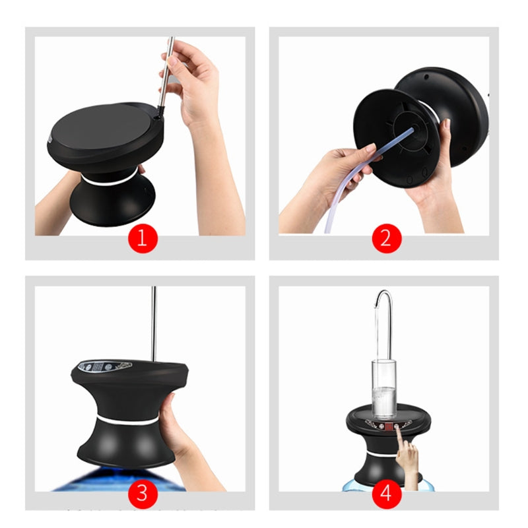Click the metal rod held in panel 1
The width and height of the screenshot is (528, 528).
[x=166, y=73]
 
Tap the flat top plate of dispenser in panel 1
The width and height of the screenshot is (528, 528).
[x=99, y=129]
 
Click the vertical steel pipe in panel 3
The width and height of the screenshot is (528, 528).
[x=154, y=323]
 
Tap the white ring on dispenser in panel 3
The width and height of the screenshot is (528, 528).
[x=125, y=420]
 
